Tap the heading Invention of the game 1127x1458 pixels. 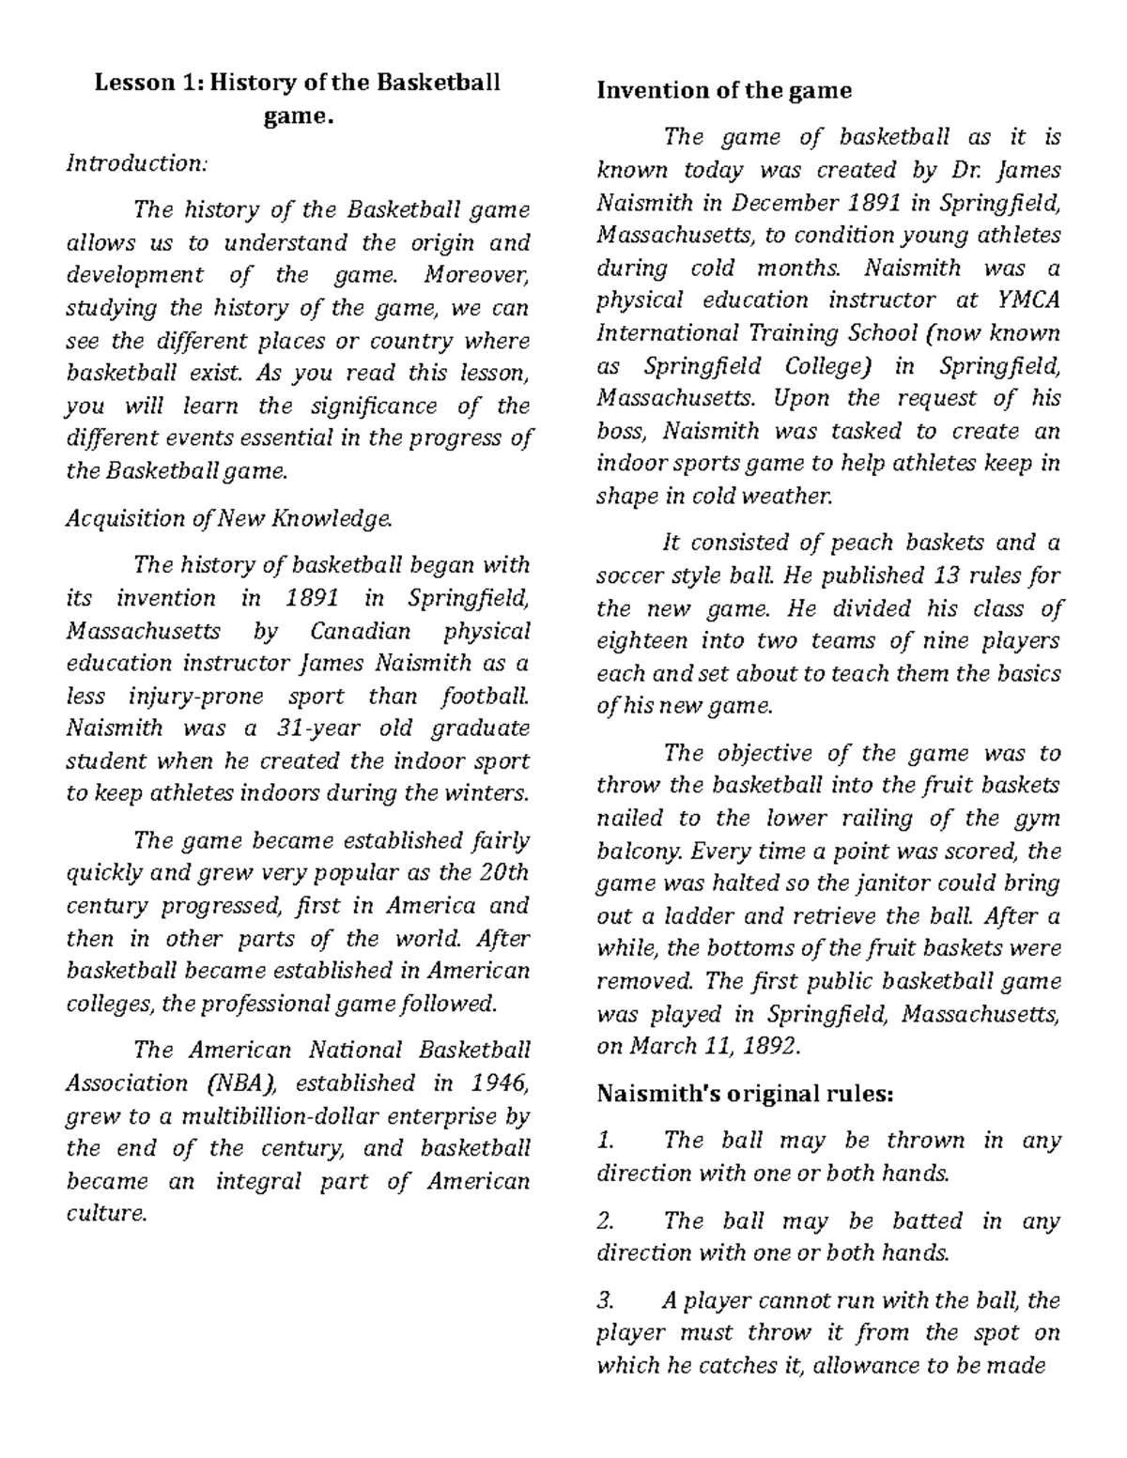pyautogui.click(x=724, y=90)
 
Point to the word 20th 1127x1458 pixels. pyautogui.click(x=503, y=872)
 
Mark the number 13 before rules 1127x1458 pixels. pyautogui.click(x=946, y=576)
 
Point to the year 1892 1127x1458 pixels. pyautogui.click(x=773, y=1047)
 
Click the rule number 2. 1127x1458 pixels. pyautogui.click(x=605, y=1221)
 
